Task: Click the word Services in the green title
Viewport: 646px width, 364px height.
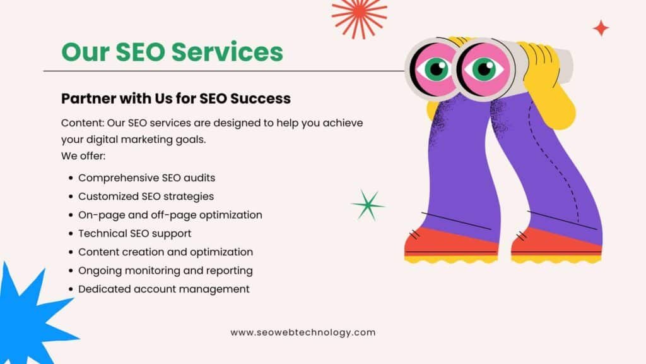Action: click(x=227, y=52)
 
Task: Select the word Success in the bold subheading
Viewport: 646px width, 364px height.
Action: click(x=261, y=98)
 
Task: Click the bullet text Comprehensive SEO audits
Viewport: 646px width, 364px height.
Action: click(x=146, y=178)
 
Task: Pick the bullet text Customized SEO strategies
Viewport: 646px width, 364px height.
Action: click(x=146, y=197)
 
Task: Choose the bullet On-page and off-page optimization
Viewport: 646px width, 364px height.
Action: click(x=170, y=215)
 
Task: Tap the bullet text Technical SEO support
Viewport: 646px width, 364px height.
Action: click(x=135, y=234)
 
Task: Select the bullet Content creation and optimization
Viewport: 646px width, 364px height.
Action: click(x=166, y=252)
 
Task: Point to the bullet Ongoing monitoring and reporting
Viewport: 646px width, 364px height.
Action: click(x=165, y=270)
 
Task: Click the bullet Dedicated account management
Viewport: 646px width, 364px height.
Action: click(x=164, y=289)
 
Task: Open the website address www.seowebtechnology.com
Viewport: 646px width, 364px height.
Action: click(x=303, y=332)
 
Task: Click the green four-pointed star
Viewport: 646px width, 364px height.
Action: click(x=368, y=205)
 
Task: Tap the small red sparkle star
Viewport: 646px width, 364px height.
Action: click(x=601, y=28)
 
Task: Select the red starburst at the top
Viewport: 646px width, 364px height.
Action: click(x=359, y=16)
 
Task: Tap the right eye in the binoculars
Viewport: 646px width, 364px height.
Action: click(x=484, y=68)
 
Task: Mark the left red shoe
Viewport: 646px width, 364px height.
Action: click(x=451, y=246)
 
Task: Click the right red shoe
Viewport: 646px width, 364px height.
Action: click(x=556, y=246)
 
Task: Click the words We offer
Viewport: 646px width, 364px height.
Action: click(x=83, y=156)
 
